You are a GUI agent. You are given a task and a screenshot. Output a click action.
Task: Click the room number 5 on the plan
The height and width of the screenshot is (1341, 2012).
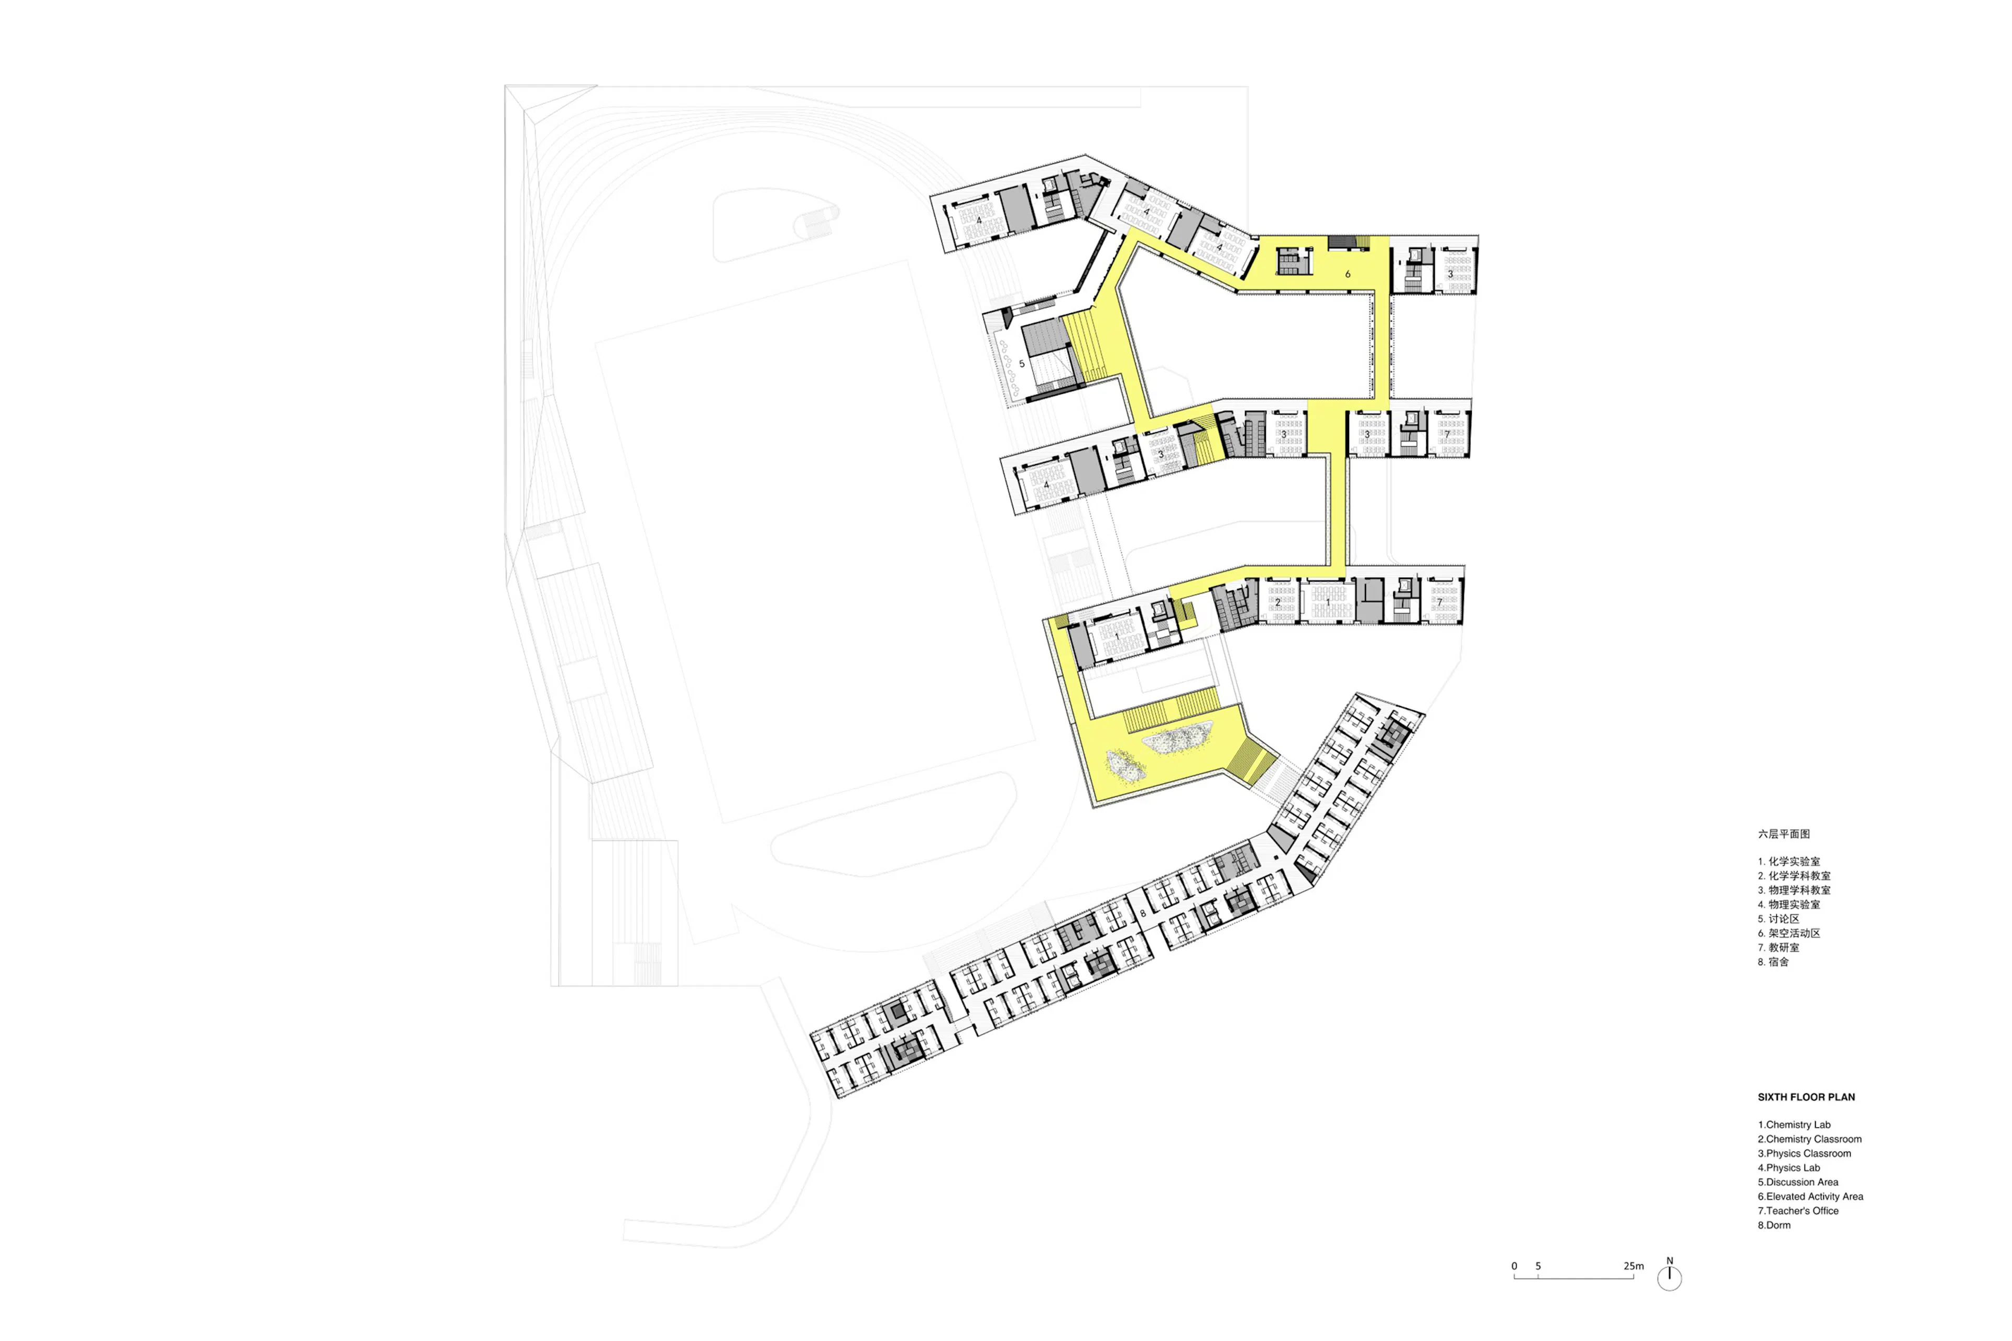[1021, 364]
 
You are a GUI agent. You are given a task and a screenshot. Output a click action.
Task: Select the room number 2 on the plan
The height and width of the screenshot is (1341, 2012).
[1278, 602]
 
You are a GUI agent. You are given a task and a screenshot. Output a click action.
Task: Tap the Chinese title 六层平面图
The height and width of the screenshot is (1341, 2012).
[1784, 834]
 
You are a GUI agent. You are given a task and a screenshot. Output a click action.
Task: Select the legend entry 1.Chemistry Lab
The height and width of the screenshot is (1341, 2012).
[1794, 1125]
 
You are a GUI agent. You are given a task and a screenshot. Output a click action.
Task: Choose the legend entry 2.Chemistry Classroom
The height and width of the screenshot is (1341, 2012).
[1809, 1139]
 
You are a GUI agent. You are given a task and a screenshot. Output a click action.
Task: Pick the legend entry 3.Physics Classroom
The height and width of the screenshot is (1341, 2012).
[1804, 1153]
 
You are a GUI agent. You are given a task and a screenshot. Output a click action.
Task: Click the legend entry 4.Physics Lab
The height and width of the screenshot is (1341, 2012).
[1789, 1168]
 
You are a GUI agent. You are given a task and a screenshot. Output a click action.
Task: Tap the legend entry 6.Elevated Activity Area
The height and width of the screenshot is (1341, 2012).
[1810, 1196]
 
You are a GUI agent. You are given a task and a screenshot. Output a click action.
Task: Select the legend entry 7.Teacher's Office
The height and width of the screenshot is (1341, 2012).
[1798, 1211]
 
